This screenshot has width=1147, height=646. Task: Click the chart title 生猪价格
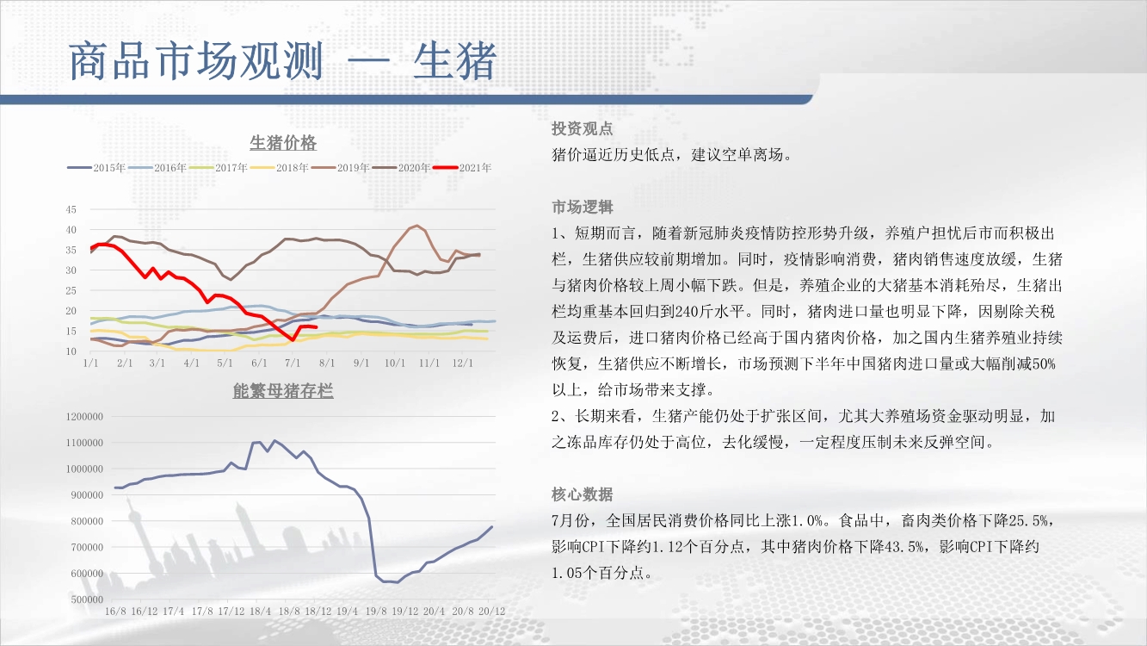click(283, 142)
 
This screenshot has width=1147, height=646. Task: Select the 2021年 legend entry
click(462, 168)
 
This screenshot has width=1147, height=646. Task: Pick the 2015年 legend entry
click(96, 168)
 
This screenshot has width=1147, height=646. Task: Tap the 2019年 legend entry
click(341, 168)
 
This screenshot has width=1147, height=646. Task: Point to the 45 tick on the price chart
click(71, 209)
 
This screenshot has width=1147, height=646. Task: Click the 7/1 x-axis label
click(293, 363)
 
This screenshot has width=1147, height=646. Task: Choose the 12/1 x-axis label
click(462, 363)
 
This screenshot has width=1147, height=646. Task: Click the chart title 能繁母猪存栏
click(283, 391)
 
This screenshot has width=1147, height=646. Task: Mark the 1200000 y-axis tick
click(84, 416)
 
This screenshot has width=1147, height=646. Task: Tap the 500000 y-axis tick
click(87, 599)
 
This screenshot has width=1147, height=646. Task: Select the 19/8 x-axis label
click(376, 612)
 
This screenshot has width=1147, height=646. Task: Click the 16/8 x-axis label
click(115, 612)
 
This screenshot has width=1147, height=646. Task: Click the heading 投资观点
click(583, 128)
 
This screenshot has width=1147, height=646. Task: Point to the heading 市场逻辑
click(583, 207)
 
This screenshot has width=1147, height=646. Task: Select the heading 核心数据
click(583, 494)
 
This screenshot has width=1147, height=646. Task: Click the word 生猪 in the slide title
click(455, 61)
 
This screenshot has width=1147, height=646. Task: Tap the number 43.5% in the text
click(905, 547)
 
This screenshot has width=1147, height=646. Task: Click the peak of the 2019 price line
click(417, 226)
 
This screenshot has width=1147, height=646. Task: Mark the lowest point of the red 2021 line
click(293, 339)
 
